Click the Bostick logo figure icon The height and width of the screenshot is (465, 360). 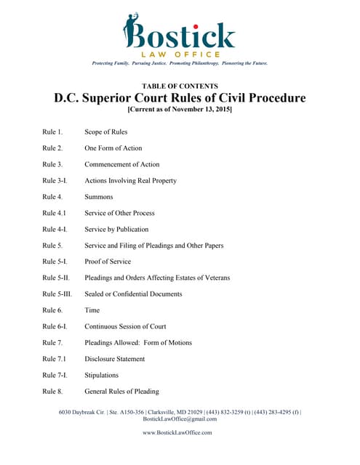tap(133, 31)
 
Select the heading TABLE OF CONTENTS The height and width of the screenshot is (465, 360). tap(179, 86)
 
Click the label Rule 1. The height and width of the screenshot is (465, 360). tap(52, 132)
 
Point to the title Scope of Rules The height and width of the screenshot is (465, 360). tap(108, 132)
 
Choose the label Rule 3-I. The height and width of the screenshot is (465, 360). tap(55, 180)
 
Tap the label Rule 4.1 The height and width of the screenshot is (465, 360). tap(54, 213)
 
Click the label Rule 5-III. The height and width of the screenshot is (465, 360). tap(57, 294)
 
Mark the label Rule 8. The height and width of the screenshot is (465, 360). tap(52, 392)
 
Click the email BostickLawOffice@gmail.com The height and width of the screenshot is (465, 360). tap(180, 419)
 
